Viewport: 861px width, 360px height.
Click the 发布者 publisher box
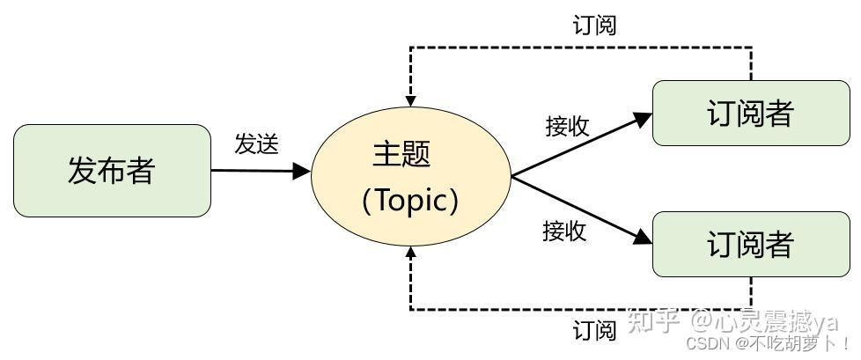point(112,171)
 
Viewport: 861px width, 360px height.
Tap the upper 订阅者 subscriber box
point(750,114)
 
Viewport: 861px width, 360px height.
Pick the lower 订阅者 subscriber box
point(750,244)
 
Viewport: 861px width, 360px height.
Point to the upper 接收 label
point(567,127)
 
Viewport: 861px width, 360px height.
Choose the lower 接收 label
point(564,231)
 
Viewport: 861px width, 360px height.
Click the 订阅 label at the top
point(594,26)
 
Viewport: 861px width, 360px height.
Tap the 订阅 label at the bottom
point(594,331)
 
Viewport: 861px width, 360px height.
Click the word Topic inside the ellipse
point(410,201)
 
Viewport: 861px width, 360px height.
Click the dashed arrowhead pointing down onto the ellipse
point(410,95)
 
